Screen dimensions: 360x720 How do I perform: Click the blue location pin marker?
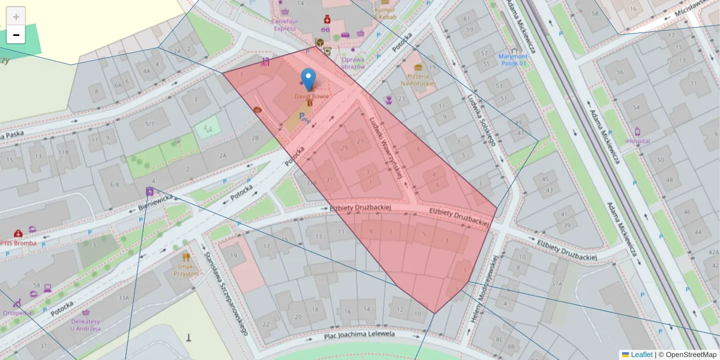308,79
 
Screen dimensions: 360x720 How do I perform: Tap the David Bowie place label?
311,96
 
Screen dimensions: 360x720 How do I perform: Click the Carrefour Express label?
284,25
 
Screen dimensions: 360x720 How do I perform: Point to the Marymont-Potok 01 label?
512,59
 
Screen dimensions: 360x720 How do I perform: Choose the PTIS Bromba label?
18,243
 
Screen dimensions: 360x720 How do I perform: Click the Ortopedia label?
16,313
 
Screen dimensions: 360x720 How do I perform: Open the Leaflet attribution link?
641,355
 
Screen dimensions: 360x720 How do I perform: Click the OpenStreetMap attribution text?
691,355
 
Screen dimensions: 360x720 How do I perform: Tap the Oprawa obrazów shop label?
353,63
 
